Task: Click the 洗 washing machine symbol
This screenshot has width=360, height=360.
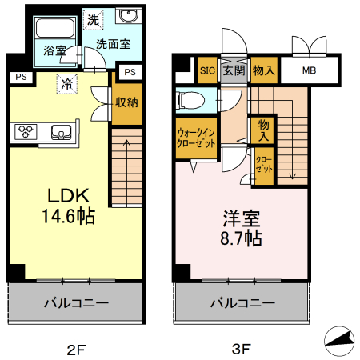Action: coord(94,18)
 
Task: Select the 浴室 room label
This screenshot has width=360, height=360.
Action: coord(54,50)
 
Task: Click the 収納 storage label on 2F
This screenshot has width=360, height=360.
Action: coord(126,102)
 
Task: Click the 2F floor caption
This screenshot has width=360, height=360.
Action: coord(75,349)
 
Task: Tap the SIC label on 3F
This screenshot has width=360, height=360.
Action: coord(206,70)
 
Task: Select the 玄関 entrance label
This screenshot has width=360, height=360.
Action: coord(234,70)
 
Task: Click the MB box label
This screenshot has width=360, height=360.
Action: coord(309,70)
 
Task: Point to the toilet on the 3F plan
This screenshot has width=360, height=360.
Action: coord(190,101)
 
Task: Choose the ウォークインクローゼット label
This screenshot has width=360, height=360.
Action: coord(196,138)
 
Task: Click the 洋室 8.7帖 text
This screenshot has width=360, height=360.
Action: coord(242,227)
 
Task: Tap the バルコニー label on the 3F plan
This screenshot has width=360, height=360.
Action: coord(242,303)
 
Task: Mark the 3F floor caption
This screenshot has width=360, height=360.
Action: coord(242,349)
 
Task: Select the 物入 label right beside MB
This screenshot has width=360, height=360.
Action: coord(263,70)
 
